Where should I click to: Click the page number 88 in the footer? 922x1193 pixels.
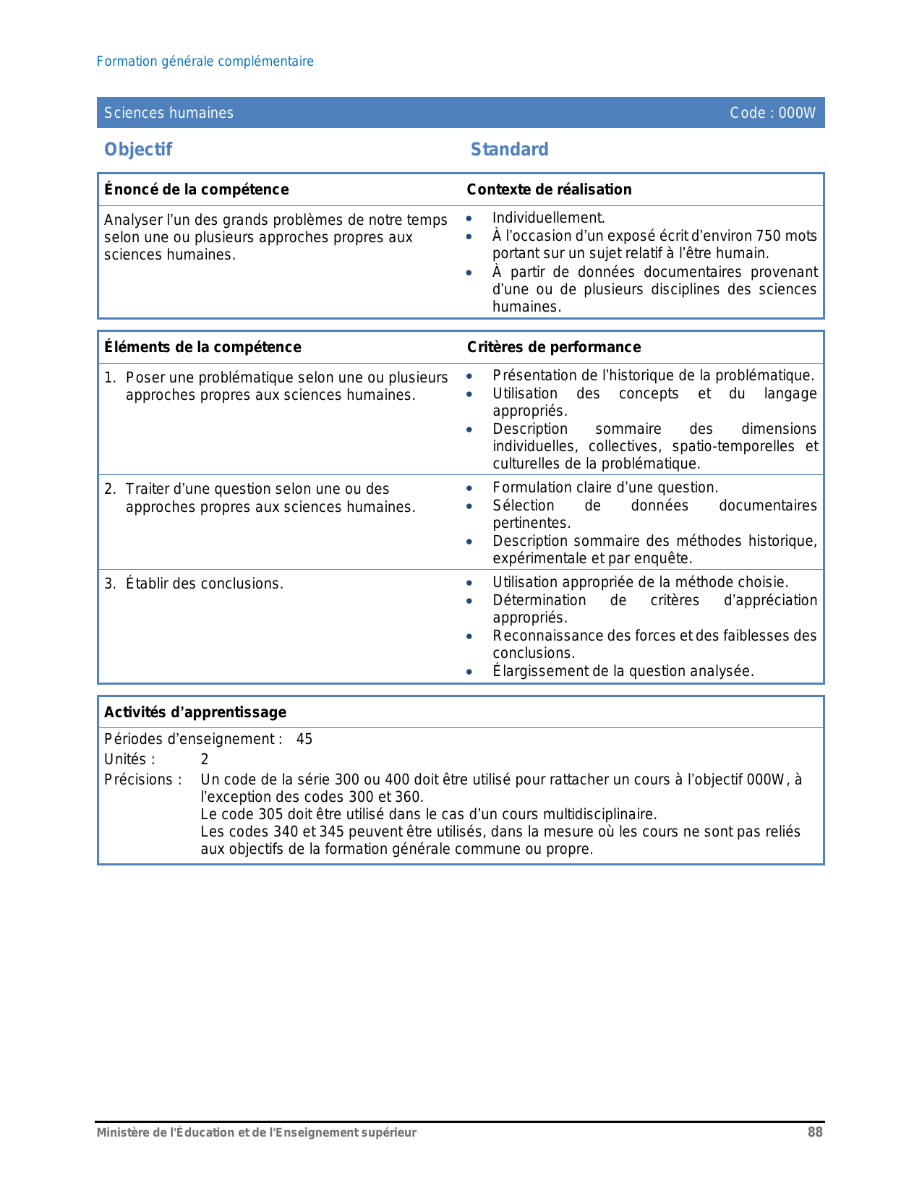point(815,1132)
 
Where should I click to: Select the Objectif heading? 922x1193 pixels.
point(138,150)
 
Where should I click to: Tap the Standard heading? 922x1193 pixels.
point(509,150)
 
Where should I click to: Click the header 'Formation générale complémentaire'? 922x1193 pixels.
point(205,61)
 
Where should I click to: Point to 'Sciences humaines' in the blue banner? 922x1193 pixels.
point(168,113)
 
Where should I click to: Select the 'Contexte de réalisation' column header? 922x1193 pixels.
point(549,189)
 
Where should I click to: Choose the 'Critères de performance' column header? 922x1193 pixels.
point(554,347)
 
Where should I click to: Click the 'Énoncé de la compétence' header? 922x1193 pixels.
point(196,189)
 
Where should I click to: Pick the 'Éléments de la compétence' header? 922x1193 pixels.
point(202,347)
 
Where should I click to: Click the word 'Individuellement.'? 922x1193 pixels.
point(548,218)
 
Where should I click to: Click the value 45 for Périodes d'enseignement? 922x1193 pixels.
point(304,739)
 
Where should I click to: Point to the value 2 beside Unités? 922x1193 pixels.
point(205,759)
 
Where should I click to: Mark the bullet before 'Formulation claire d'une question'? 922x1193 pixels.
point(469,488)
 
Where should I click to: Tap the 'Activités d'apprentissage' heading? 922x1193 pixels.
point(195,712)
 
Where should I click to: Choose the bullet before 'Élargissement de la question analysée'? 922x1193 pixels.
point(469,672)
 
